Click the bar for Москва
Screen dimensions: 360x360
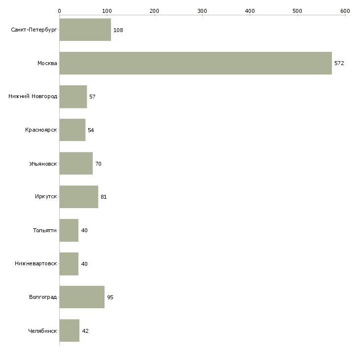click(195, 63)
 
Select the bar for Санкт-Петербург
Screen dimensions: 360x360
click(85, 30)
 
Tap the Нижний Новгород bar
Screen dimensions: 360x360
click(73, 97)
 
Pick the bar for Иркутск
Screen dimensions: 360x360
click(78, 197)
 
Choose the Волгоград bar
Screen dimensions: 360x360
click(82, 297)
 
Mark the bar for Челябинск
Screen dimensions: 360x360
click(69, 331)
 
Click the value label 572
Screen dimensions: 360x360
click(339, 63)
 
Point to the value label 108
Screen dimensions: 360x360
click(118, 30)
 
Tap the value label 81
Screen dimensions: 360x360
click(104, 197)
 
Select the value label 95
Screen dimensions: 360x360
click(110, 297)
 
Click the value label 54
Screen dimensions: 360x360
click(91, 130)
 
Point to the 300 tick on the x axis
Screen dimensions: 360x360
click(202, 10)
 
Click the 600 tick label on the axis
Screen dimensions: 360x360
click(345, 10)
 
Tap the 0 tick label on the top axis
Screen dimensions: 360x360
click(59, 10)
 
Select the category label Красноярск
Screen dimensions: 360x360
click(41, 130)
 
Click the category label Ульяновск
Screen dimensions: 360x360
click(43, 164)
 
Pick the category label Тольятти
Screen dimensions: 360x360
click(45, 230)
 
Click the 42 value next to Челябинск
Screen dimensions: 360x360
click(85, 331)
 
